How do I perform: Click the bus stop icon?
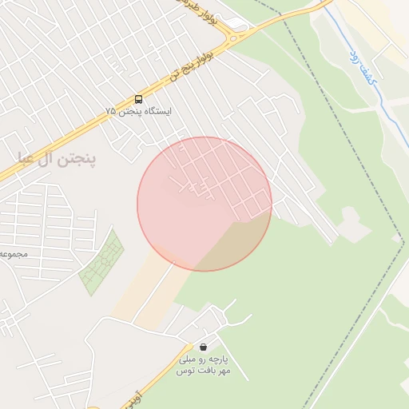tap(139, 99)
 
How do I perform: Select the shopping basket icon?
tap(204, 347)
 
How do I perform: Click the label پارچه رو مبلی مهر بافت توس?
tap(203, 366)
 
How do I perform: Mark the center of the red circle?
tap(204, 204)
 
